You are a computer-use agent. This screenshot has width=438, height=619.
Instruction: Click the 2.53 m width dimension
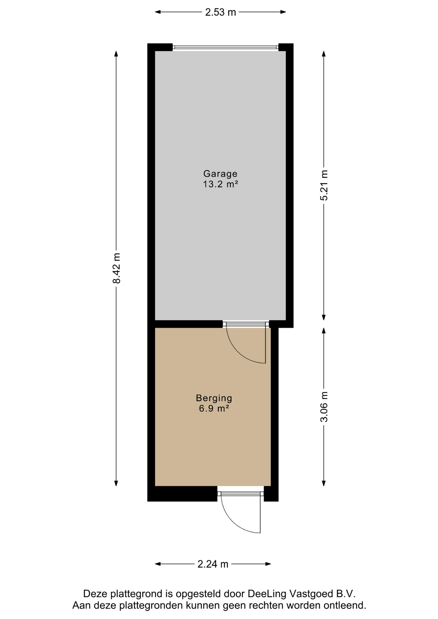click(221, 12)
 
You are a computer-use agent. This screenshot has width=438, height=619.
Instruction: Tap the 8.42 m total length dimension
click(116, 268)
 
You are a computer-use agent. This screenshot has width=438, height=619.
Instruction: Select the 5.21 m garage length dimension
click(324, 185)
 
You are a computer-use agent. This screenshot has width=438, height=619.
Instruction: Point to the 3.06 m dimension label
click(324, 407)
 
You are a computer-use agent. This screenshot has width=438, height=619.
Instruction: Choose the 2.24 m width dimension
click(213, 564)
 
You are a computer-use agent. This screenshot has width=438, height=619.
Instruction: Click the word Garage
click(220, 174)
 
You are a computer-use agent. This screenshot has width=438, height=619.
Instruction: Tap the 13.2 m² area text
click(221, 184)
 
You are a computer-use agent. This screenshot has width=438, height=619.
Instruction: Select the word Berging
click(214, 398)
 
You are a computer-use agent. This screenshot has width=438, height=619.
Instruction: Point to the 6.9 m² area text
click(214, 408)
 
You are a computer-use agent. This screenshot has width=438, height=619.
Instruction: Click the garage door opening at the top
click(225, 47)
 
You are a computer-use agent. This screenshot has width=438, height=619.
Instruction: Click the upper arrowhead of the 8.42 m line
click(116, 54)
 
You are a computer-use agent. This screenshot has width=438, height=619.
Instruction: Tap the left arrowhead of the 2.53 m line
click(158, 12)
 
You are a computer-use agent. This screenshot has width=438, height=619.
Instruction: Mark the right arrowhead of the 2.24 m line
click(268, 564)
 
